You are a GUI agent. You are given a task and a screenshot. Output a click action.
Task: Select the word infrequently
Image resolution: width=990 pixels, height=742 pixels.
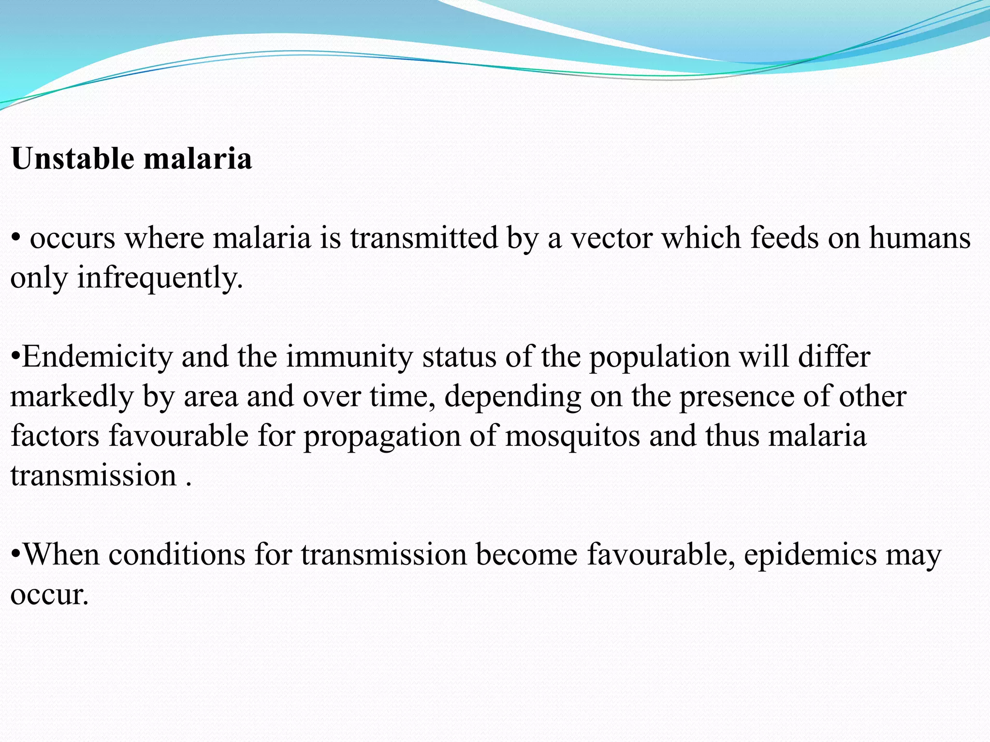point(160,278)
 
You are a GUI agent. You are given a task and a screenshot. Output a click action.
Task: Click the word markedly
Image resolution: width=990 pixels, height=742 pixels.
point(72,397)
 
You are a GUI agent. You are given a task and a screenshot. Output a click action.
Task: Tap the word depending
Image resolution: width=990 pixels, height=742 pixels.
point(512,397)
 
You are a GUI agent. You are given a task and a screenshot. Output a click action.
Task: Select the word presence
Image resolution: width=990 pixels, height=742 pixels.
point(737,397)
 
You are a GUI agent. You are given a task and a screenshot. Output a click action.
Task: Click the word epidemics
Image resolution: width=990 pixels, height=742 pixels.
point(810,555)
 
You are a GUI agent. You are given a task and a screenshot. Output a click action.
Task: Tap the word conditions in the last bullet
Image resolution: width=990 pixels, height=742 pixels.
point(177,555)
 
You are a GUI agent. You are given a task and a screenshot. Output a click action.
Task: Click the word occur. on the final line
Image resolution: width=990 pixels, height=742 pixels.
point(49,595)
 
